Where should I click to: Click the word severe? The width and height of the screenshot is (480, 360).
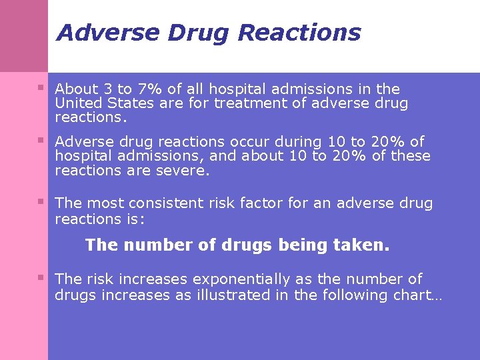(187, 171)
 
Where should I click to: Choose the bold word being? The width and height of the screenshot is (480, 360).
(300, 245)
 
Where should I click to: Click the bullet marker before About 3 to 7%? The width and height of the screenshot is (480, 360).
(41, 87)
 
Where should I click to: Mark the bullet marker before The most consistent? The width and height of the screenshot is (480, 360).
(41, 201)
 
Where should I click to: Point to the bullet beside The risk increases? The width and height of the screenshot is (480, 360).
(41, 277)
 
